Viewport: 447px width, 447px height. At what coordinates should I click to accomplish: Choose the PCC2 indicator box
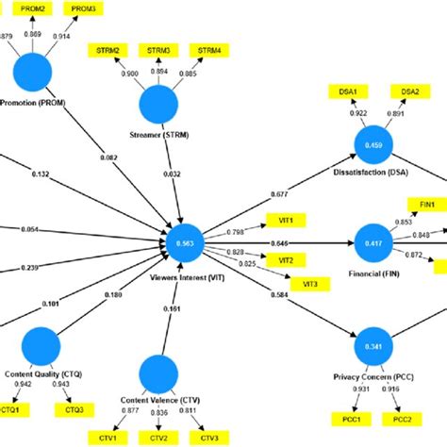pyautogui.click(x=403, y=418)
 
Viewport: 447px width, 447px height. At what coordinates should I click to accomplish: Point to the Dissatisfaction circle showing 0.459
pyautogui.click(x=372, y=145)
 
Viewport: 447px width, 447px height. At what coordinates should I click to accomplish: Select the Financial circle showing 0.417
pyautogui.click(x=374, y=243)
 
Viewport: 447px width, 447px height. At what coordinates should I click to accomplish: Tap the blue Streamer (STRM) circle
pyautogui.click(x=162, y=106)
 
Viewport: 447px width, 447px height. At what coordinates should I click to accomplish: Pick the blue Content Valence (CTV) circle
pyautogui.click(x=160, y=371)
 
